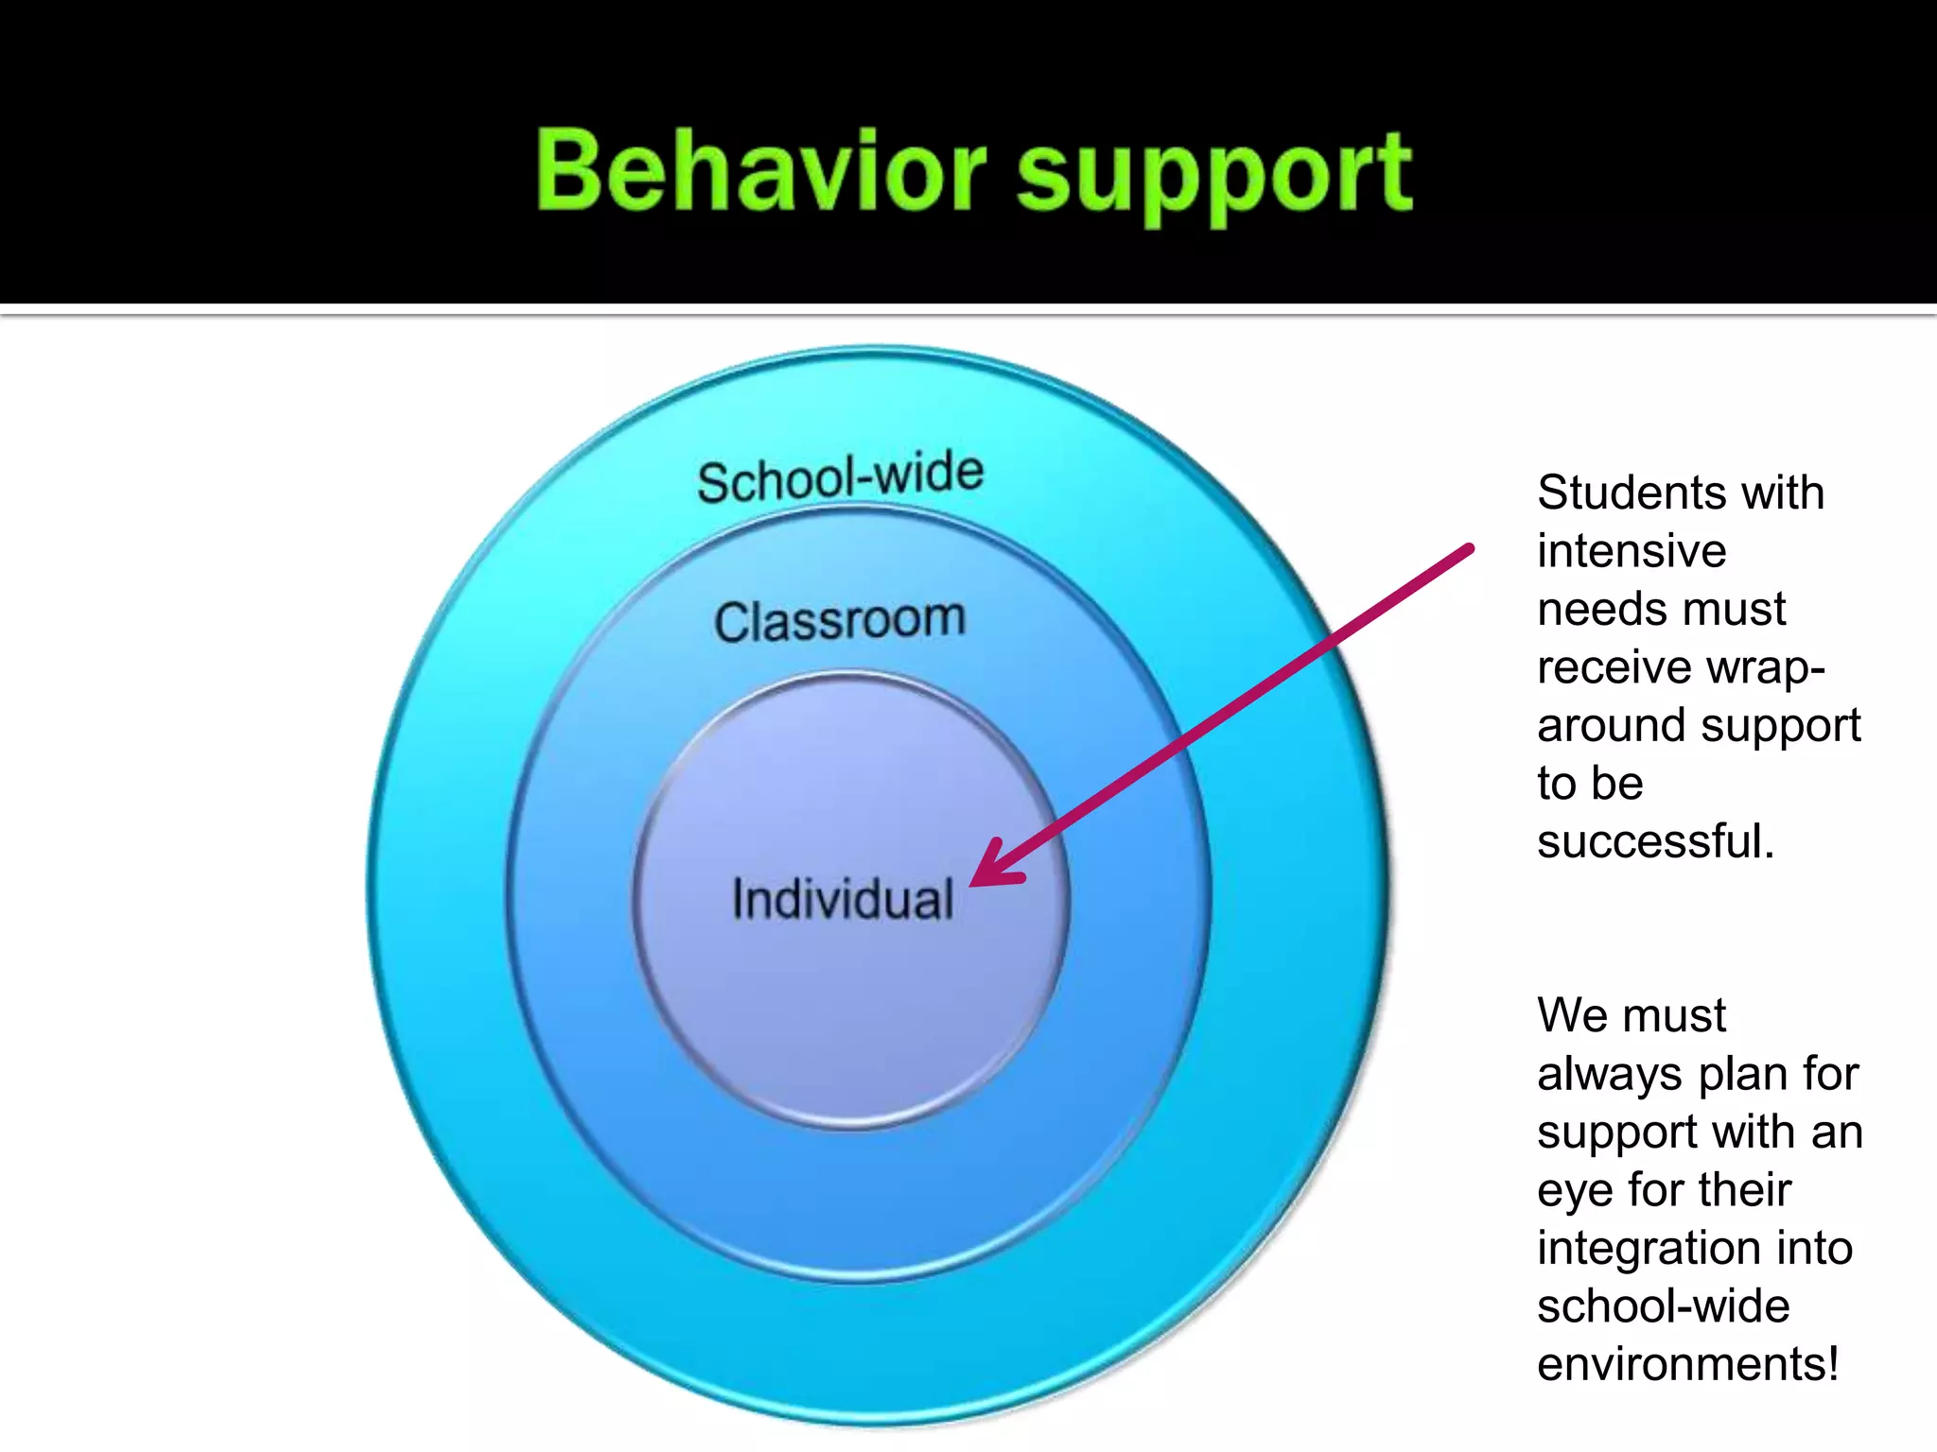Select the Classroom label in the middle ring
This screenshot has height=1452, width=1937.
pos(840,621)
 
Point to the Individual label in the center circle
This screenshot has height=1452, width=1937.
pos(843,899)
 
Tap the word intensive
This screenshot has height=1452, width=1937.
pos(1632,551)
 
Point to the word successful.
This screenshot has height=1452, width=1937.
pos(1655,841)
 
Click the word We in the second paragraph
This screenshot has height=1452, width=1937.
pos(1570,1015)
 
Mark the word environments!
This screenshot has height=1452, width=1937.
pos(1687,1364)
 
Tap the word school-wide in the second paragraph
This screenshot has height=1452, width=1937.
pos(1663,1306)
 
